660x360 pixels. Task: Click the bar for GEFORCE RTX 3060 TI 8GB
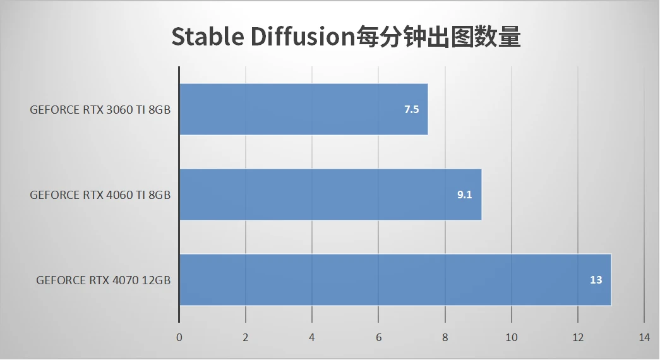pos(304,109)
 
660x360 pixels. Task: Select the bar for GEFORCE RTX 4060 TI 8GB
pos(330,195)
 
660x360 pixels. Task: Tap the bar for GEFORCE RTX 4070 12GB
pos(395,280)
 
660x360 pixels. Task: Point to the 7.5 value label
pos(412,109)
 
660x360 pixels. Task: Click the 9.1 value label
pos(465,195)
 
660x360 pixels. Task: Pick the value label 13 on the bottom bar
pos(596,280)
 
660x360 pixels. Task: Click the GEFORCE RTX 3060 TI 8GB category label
pos(100,110)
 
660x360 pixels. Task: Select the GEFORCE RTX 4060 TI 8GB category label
pos(100,195)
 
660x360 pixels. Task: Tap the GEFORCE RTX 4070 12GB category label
pos(103,280)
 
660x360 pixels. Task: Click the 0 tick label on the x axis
pos(179,337)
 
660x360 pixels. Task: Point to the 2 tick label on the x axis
pos(246,337)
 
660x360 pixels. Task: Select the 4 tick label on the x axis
pos(312,337)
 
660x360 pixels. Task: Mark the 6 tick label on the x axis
pos(378,337)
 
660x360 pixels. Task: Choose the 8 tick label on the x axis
pos(445,337)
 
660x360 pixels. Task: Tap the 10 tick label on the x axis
pos(512,337)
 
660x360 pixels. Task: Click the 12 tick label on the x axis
pos(578,337)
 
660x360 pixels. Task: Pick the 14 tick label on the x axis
pos(644,337)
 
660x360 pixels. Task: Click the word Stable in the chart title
pos(208,36)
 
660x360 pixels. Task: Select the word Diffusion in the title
pos(303,36)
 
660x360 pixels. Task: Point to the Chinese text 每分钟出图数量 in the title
pos(438,36)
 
